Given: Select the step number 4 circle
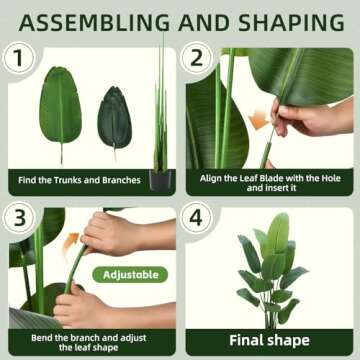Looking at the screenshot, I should [x=197, y=217].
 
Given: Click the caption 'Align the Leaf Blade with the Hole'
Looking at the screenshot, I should [x=268, y=176].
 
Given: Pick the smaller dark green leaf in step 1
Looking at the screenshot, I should [x=114, y=118].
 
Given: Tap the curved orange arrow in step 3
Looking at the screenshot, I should [x=72, y=243].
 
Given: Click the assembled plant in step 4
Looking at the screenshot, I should [x=269, y=270].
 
